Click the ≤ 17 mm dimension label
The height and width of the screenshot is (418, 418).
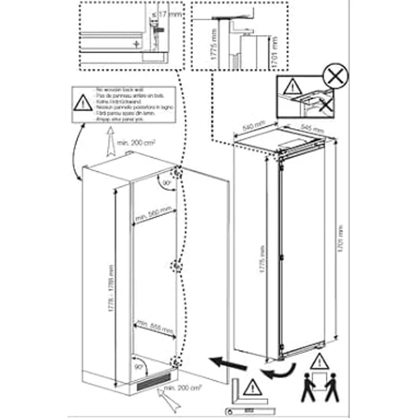coord(171,14)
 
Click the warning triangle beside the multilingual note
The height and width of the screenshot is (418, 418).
coord(83,104)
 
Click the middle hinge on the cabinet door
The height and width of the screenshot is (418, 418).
coord(177,266)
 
